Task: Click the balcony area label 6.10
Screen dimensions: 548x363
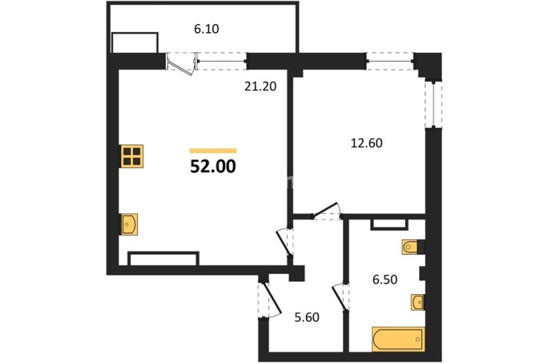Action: point(206,29)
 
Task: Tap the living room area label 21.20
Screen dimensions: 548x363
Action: point(260,86)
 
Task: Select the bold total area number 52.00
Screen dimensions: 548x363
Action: point(214,167)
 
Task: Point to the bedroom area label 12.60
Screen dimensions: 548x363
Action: point(367,143)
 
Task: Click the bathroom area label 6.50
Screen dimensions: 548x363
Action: point(384,280)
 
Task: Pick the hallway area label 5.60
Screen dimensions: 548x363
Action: point(307,317)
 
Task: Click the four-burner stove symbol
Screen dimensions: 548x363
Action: point(132,156)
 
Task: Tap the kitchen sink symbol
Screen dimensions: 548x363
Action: point(129,224)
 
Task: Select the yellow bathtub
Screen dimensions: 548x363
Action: point(399,339)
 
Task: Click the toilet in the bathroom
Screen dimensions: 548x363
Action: point(411,247)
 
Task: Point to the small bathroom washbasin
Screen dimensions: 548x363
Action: point(418,302)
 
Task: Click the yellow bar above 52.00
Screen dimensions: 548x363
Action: point(214,151)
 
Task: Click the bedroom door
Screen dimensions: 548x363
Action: point(326,210)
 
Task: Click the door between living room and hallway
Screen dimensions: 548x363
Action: point(283,242)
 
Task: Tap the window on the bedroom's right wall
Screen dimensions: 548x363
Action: point(433,105)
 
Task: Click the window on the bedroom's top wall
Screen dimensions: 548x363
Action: point(390,61)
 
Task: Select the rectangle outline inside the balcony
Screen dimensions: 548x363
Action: point(135,43)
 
